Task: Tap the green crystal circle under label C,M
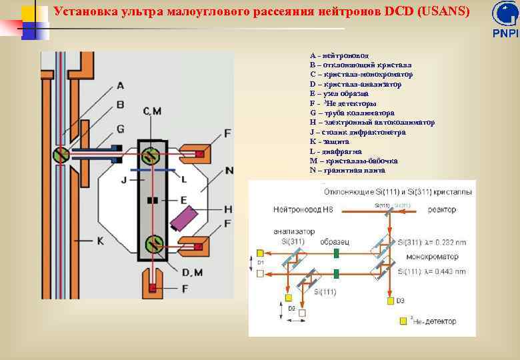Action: (x=151, y=155)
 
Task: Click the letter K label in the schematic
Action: (x=100, y=240)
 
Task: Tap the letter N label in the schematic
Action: (x=229, y=171)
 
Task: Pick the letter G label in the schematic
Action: (x=119, y=127)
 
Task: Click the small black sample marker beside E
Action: (x=153, y=200)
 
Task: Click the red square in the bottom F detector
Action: (x=153, y=287)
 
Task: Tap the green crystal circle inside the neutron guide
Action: (x=61, y=155)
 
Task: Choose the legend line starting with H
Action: (x=372, y=123)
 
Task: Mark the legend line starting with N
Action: (x=347, y=171)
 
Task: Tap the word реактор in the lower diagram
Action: (x=442, y=210)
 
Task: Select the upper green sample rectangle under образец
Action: (x=336, y=253)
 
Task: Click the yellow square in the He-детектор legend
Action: (x=403, y=321)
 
